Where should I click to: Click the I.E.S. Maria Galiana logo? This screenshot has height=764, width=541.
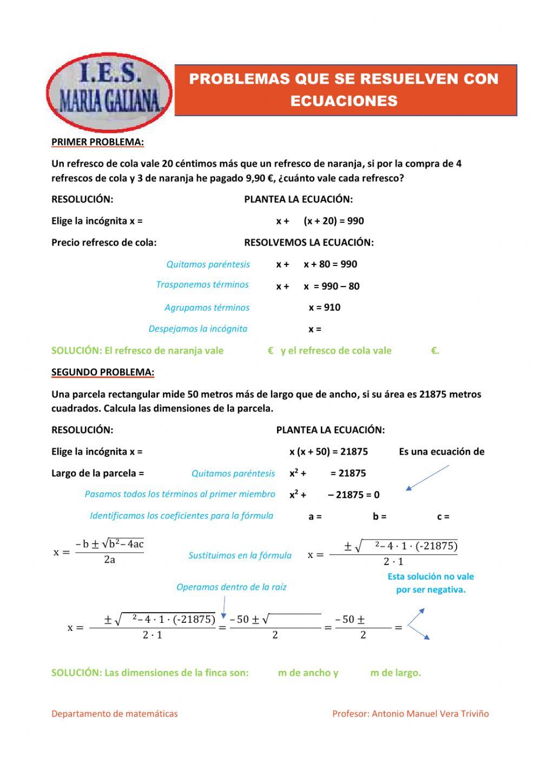tap(109, 92)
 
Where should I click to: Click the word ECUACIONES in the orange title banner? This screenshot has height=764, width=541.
tap(344, 101)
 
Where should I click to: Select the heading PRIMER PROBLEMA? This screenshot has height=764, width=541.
tap(97, 142)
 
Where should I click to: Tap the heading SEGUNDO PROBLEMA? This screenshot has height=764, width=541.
tap(103, 372)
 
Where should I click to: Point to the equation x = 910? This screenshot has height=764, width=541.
tap(325, 308)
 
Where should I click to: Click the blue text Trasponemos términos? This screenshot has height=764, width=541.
tap(202, 285)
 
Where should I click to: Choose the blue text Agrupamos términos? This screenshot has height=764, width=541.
tap(207, 308)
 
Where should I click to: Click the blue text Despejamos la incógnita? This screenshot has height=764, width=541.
tap(198, 329)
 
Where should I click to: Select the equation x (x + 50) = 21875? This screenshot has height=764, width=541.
tap(328, 451)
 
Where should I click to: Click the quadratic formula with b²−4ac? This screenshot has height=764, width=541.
tap(99, 552)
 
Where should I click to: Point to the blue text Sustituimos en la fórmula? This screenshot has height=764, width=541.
tap(240, 555)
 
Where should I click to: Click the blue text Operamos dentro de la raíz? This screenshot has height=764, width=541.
tap(231, 587)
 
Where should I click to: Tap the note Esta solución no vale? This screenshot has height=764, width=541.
tap(431, 577)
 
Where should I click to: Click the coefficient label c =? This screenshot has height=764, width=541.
tap(443, 517)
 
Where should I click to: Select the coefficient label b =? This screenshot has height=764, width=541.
tap(379, 517)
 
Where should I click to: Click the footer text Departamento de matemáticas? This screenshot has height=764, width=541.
tap(114, 714)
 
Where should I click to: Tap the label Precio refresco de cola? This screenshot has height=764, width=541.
tap(104, 243)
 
